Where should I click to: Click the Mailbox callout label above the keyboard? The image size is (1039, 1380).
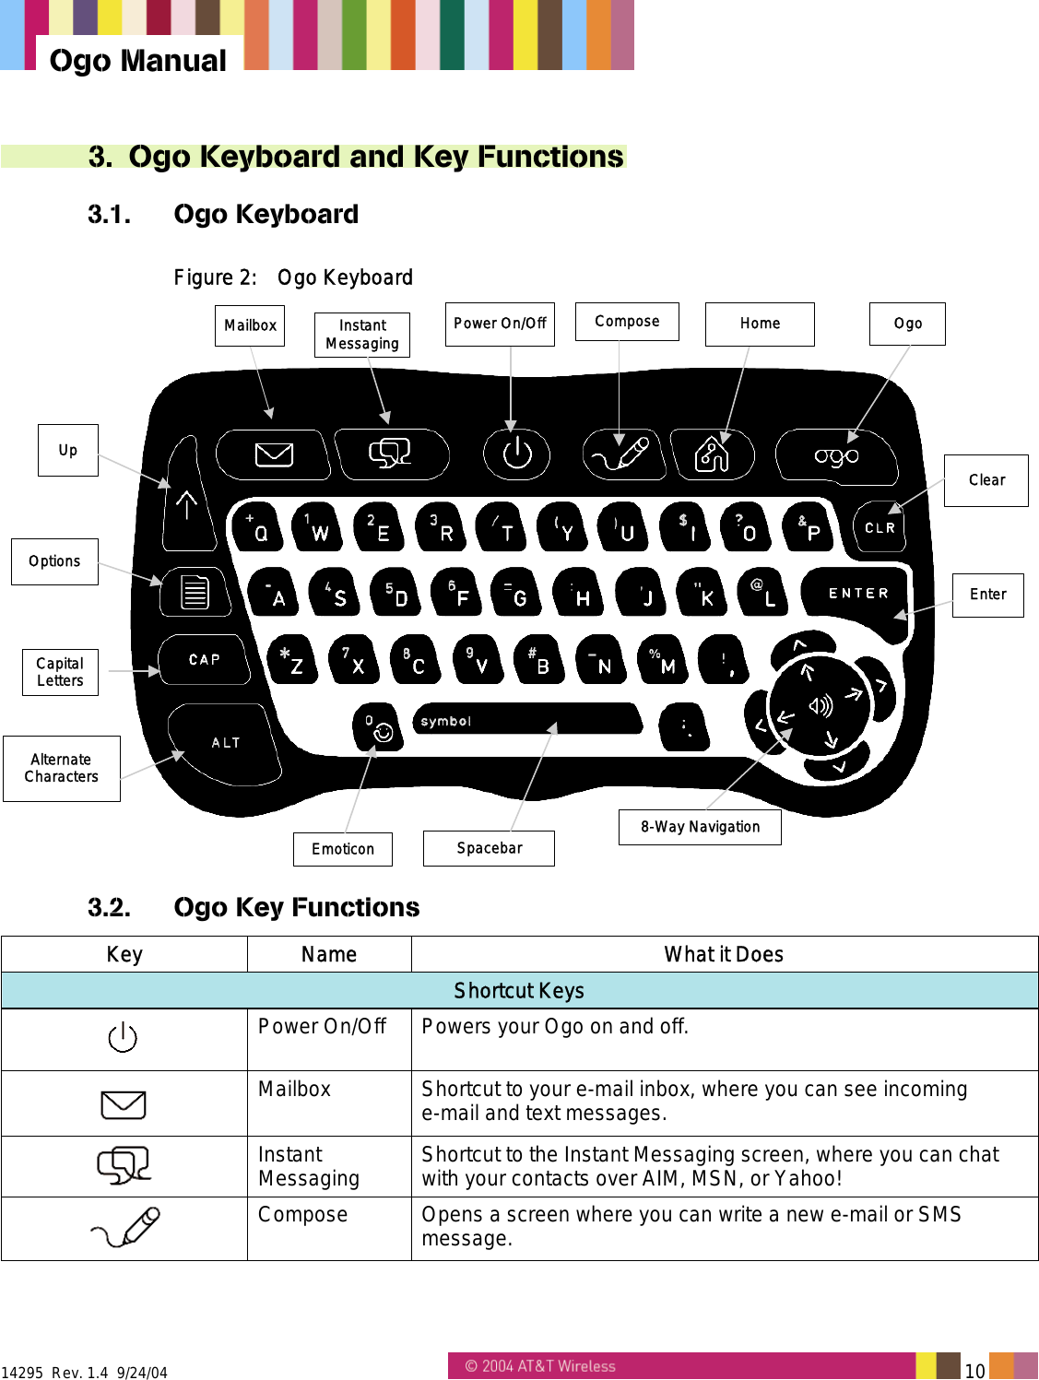click(x=250, y=325)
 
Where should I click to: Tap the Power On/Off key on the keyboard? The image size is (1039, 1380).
click(x=516, y=453)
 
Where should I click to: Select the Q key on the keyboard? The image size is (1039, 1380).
click(x=255, y=527)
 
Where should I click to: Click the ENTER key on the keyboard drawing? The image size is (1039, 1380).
click(x=857, y=593)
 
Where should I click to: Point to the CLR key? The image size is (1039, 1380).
click(x=879, y=527)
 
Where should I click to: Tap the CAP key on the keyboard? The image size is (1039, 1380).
click(x=204, y=659)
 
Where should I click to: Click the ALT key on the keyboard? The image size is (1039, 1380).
click(x=225, y=742)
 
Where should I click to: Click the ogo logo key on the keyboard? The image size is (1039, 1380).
click(x=836, y=455)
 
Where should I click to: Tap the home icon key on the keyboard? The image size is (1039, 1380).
click(x=711, y=454)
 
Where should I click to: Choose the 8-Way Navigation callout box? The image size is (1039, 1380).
click(x=700, y=827)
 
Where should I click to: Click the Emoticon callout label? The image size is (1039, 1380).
click(x=343, y=849)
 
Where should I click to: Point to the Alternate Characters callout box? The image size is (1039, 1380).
click(x=62, y=768)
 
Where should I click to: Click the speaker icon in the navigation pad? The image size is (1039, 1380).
click(x=820, y=706)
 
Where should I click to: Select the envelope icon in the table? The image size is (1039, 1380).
click(x=124, y=1104)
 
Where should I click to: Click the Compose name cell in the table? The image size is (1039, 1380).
click(x=303, y=1215)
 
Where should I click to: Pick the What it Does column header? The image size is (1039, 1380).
click(x=724, y=954)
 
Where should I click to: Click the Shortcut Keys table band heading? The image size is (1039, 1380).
click(x=519, y=991)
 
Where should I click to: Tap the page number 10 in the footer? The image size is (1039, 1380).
click(x=974, y=1370)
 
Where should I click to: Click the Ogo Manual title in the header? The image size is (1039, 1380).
click(x=138, y=61)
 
